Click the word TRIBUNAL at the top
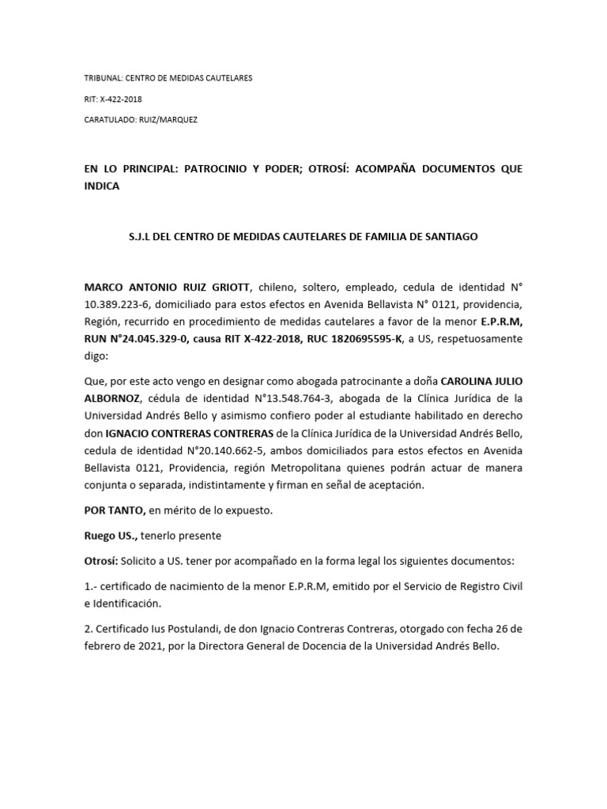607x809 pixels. pos(101,79)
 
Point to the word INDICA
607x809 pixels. pos(101,187)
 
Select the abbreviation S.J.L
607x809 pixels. pos(141,237)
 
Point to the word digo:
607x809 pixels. pos(98,357)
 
